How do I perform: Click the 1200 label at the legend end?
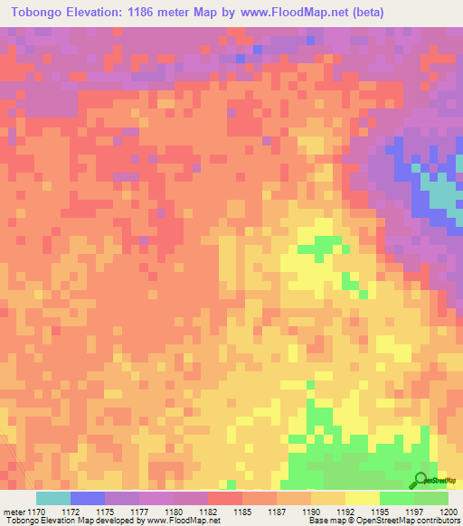tap(448, 512)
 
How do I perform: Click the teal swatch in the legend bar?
tap(53, 498)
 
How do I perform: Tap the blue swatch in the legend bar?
tap(88, 498)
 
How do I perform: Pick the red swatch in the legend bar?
tap(225, 498)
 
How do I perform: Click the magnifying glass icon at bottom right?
tap(421, 480)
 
